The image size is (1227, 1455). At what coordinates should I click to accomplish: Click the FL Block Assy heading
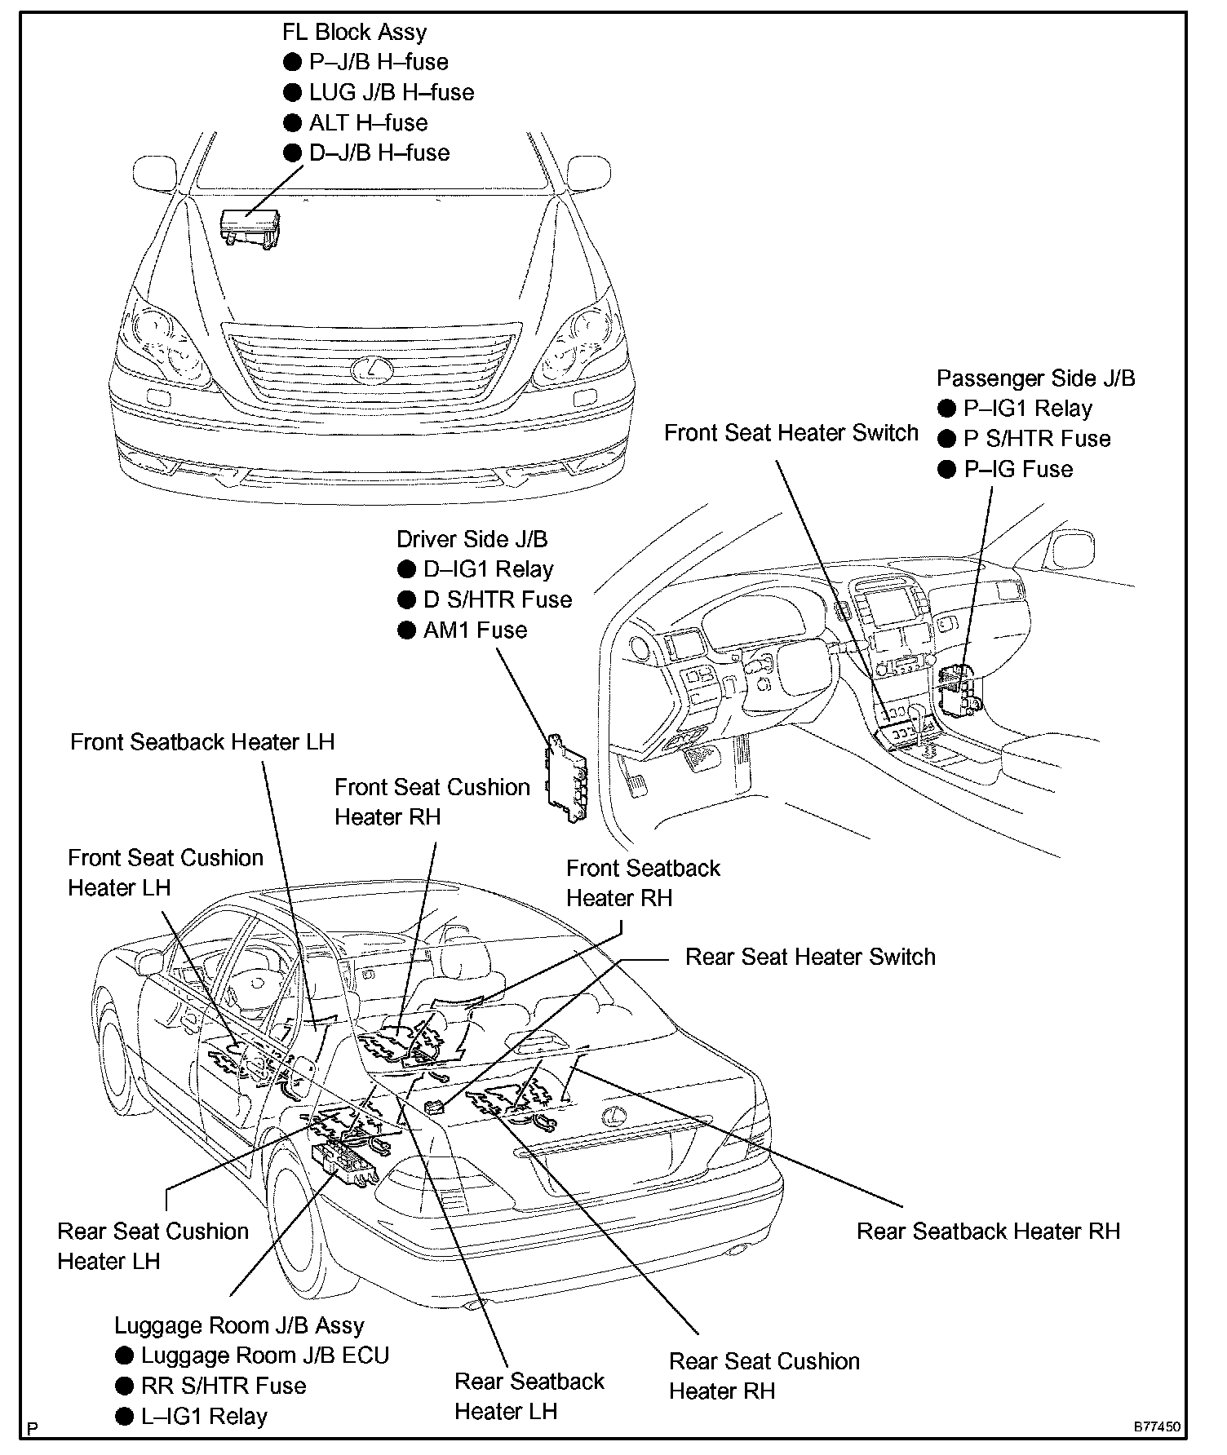354,33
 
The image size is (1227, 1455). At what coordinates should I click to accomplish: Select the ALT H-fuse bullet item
368,123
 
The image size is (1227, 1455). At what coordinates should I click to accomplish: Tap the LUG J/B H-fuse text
391,93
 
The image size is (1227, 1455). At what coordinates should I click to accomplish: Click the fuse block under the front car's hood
250,225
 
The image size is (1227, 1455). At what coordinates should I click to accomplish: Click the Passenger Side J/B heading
1035,378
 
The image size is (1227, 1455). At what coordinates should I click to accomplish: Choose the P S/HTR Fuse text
1037,439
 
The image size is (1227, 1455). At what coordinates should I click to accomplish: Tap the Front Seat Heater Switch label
791,433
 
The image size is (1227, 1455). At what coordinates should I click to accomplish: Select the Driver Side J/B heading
472,539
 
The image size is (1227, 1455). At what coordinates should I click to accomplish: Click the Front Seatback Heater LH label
202,742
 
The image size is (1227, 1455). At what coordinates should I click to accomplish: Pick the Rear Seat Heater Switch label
810,957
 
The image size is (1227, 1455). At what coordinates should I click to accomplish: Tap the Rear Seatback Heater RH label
988,1232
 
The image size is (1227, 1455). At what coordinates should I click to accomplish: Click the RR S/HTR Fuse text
223,1386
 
